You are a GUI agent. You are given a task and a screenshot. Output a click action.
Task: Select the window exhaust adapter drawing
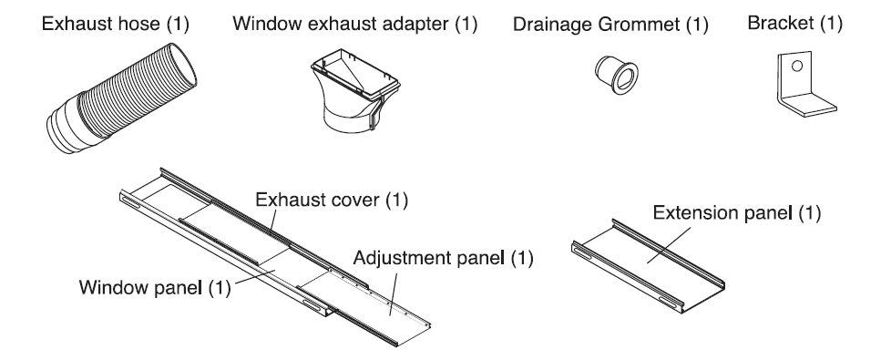click(x=354, y=91)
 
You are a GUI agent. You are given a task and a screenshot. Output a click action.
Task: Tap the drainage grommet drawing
click(x=616, y=75)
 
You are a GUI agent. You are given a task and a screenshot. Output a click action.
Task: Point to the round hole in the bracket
click(x=797, y=66)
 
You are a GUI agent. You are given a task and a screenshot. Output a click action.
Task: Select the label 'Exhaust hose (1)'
click(x=116, y=24)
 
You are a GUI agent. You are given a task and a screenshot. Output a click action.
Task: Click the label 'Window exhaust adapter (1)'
click(x=355, y=24)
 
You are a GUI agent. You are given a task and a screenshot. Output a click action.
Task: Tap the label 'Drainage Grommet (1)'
click(x=611, y=25)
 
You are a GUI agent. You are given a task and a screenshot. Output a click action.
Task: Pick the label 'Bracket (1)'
click(x=794, y=23)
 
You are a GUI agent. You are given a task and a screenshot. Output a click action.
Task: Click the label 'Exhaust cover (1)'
click(x=332, y=200)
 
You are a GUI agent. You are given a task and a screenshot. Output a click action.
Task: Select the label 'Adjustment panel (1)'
click(x=444, y=258)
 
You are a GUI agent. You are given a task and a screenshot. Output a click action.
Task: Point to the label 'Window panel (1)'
click(x=155, y=287)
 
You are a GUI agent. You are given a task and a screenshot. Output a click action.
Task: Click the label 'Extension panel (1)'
click(x=737, y=212)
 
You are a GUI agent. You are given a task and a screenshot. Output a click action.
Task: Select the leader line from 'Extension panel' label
click(x=670, y=245)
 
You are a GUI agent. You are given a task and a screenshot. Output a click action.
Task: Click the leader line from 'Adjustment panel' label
click(x=394, y=293)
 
